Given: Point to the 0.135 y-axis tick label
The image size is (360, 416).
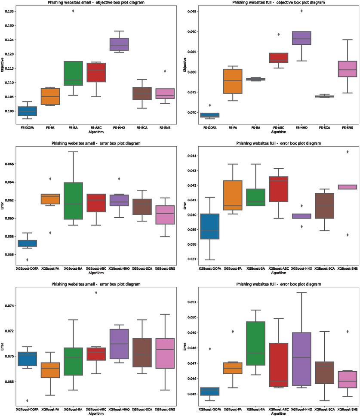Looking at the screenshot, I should click(x=8, y=11).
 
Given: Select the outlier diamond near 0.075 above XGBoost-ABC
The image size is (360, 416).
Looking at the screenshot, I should click(x=96, y=293).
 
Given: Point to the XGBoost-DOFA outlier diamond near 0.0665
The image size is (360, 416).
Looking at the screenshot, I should click(x=27, y=401).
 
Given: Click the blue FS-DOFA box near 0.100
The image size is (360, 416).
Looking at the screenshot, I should click(x=27, y=111).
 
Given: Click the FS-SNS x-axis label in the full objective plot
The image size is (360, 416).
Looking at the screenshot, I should click(x=347, y=128).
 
